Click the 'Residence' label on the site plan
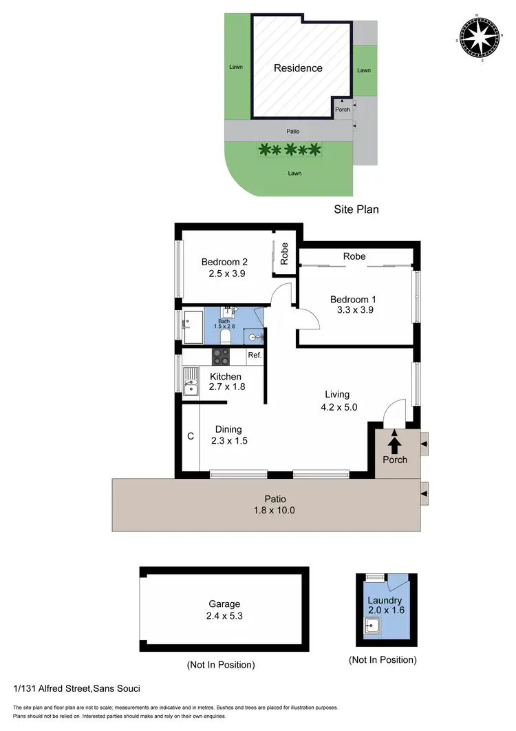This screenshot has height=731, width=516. click(298, 68)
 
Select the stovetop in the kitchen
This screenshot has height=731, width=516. click(221, 356)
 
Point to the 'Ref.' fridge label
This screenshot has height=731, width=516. click(255, 356)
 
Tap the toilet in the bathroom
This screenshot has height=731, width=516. click(224, 336)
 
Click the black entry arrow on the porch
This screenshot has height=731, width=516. click(395, 440)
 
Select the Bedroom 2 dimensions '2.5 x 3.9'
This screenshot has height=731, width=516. click(227, 274)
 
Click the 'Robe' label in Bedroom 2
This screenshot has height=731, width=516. click(283, 254)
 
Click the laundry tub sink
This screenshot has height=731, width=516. click(374, 628)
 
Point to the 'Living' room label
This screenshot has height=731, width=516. click(337, 395)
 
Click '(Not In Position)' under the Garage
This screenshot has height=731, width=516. click(220, 665)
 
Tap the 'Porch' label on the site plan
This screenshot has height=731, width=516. click(342, 110)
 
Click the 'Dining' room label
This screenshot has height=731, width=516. click(228, 429)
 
